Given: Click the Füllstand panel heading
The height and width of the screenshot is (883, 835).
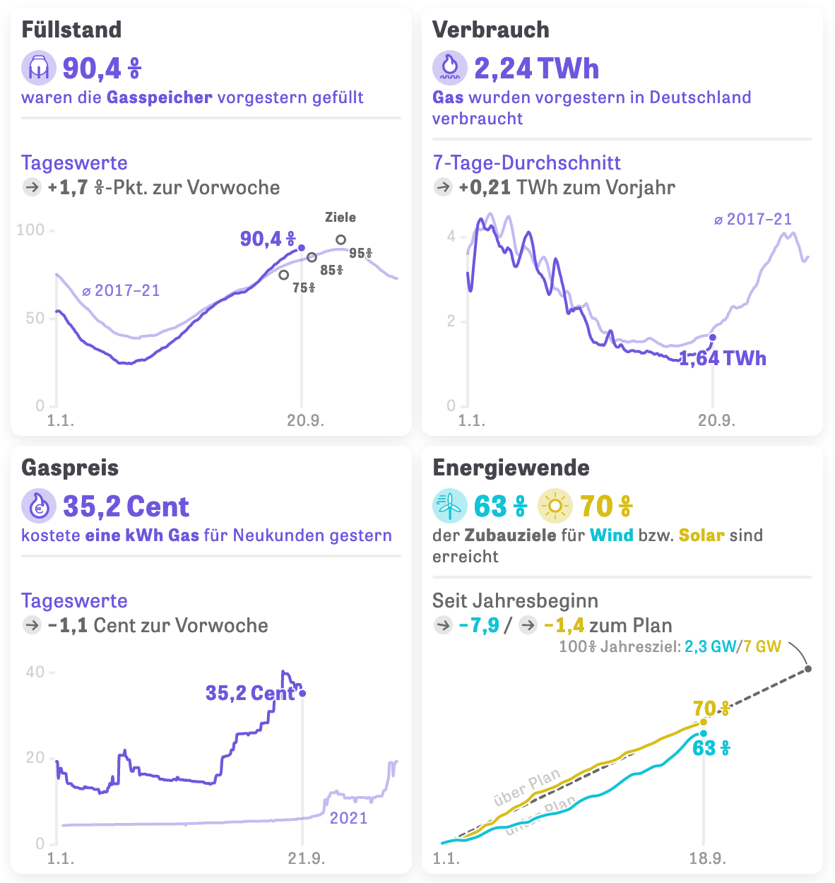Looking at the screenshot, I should coord(71,30).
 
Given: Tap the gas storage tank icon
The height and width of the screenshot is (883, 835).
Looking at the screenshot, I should coord(38,68).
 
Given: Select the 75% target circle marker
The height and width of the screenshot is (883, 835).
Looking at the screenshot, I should coord(284,275).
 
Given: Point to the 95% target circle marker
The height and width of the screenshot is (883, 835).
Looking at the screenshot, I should coord(340,240).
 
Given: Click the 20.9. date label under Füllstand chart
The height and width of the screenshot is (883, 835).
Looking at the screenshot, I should coord(305,420).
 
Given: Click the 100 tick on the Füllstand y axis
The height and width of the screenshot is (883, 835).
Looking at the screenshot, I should coord(30,230).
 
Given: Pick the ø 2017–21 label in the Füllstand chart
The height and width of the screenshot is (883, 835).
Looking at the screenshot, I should coord(120,290).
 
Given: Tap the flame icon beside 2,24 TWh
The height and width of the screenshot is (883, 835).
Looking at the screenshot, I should coord(449,68).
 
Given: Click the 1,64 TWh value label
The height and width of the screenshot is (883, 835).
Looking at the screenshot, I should coord(723,358).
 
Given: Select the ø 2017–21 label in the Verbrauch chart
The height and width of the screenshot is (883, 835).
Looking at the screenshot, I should coord(752,219).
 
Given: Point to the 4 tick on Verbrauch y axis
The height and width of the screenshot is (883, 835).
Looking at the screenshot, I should coord(451,236).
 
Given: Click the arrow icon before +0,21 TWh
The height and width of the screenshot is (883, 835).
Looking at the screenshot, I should coord(443,187).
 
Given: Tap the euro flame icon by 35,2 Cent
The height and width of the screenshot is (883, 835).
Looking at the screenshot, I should coord(38,506).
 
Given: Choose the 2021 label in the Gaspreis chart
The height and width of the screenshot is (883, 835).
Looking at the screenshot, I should coord(349,818).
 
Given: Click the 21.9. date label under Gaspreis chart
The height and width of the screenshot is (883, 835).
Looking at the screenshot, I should coord(306,858).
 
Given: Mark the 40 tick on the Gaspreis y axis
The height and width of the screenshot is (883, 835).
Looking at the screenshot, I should coord(35,672).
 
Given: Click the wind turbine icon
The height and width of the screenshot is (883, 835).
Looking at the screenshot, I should coord(449,506).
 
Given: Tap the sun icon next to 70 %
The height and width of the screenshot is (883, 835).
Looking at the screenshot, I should coord(555,506).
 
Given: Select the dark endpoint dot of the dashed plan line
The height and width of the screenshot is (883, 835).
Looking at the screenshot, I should coord(808,668).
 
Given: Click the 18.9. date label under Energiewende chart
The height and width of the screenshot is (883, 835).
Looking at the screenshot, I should coord(707,858).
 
